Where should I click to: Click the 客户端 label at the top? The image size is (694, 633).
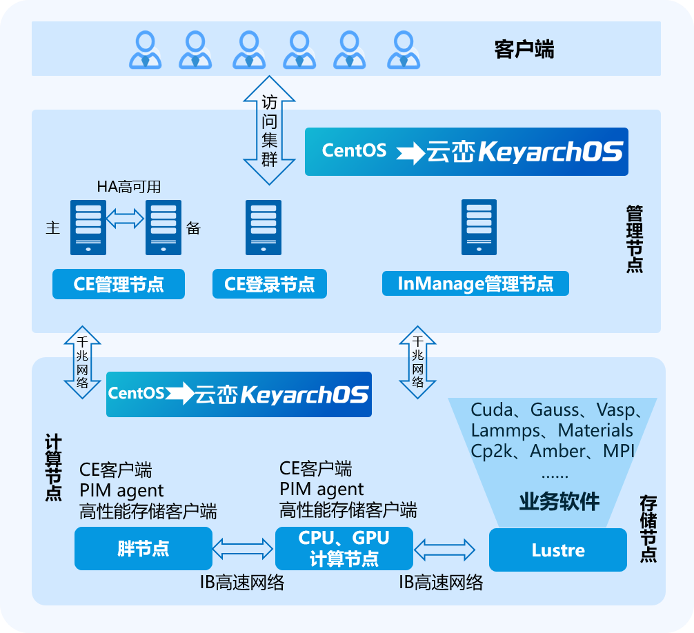(524, 50)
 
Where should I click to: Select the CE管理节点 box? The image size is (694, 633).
(119, 284)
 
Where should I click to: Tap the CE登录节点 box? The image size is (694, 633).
(269, 284)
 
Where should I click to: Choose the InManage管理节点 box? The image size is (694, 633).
(475, 283)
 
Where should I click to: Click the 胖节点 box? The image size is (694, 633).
(143, 549)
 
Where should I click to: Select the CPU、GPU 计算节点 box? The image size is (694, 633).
(344, 549)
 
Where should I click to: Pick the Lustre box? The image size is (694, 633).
(558, 550)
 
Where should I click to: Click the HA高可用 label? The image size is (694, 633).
(129, 186)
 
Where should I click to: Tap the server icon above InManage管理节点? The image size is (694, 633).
(479, 228)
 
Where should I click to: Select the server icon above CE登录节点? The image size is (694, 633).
(264, 228)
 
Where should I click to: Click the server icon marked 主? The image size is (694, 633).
(88, 228)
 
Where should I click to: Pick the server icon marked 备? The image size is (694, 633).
(163, 228)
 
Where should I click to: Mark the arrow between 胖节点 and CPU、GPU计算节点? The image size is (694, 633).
(243, 549)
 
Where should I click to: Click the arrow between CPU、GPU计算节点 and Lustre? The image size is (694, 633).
(445, 550)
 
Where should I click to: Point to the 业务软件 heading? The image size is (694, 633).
(559, 501)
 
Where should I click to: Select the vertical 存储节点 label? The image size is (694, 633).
(648, 528)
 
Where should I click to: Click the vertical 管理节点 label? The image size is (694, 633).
(634, 238)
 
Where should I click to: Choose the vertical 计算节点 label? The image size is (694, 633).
(53, 467)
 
